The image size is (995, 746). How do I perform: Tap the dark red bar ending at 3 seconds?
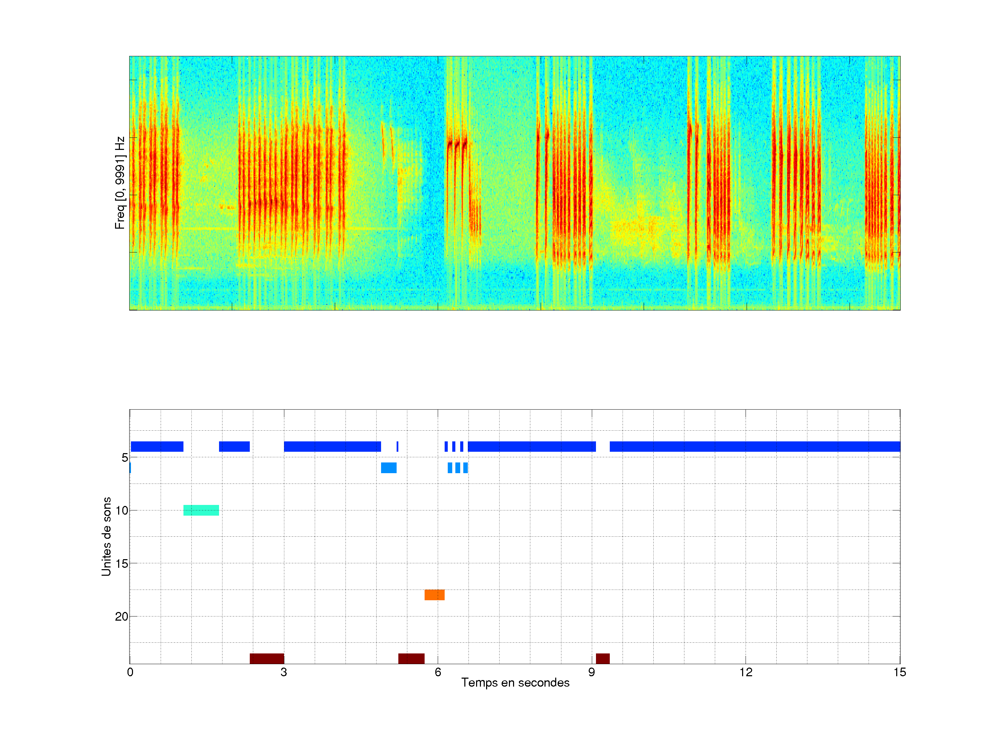point(267,658)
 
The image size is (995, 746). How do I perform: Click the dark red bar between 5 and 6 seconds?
point(411,658)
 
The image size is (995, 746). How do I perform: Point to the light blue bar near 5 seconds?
point(389,468)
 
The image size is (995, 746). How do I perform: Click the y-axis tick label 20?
point(122,616)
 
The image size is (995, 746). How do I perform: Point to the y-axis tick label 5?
point(125,458)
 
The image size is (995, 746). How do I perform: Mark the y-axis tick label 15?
point(122,563)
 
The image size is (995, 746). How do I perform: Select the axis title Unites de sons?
point(106,536)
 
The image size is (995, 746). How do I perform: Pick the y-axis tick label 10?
point(122,510)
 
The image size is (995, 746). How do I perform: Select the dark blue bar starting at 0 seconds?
point(157,447)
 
